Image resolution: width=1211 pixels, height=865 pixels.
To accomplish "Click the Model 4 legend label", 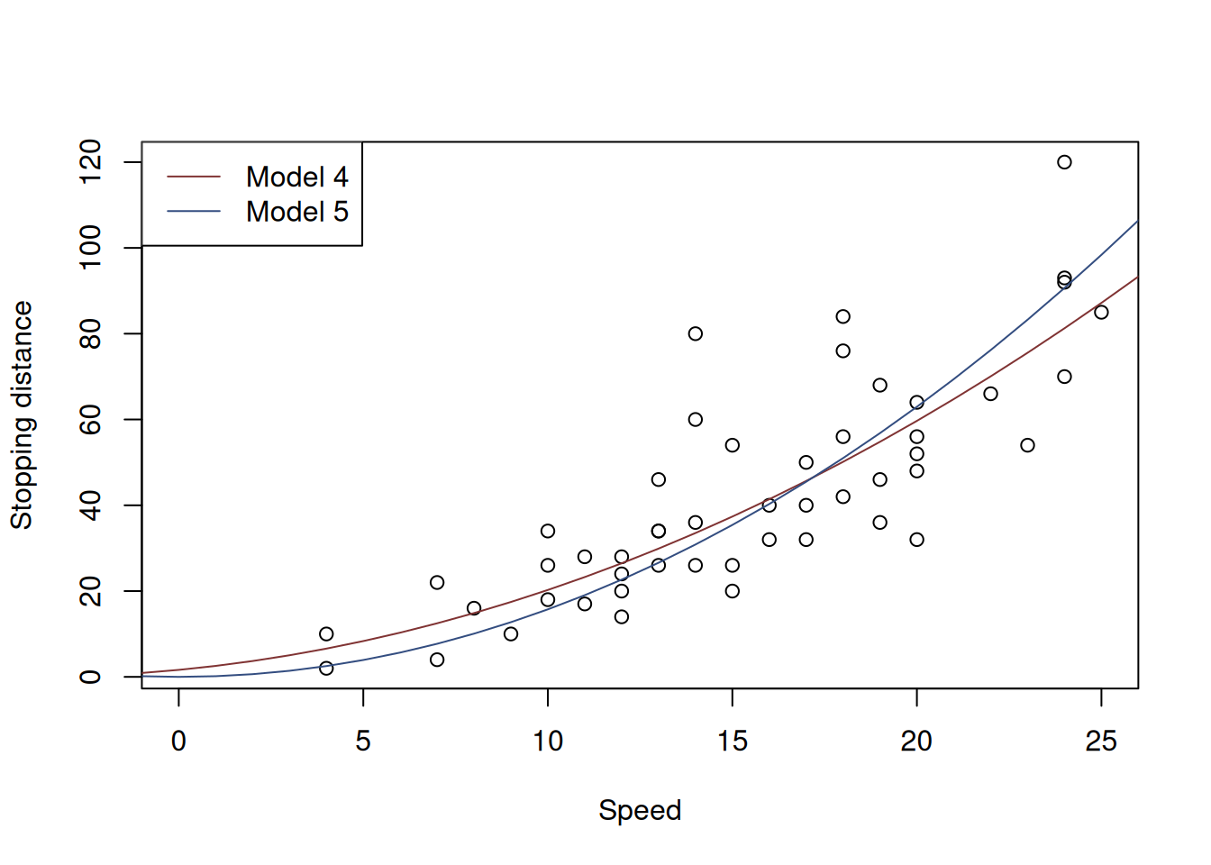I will point(296,177).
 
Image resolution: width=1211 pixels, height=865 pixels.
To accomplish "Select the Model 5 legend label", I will point(296,212).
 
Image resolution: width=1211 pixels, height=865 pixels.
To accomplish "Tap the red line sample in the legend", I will point(194,177).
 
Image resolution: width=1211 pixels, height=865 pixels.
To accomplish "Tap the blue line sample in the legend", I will point(194,212).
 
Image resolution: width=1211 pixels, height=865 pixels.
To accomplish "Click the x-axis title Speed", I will point(640,810).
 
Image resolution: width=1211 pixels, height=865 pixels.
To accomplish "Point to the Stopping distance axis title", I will point(22,415).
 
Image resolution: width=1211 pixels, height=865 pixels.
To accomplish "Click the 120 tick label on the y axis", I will point(90,162).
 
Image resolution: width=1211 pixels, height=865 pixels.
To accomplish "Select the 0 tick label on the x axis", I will point(178,742).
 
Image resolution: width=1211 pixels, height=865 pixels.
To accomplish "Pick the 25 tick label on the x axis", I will point(1101,742).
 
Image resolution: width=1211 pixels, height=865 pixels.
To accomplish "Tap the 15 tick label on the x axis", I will point(733,742).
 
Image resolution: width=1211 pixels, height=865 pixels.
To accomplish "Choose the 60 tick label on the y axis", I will point(90,420).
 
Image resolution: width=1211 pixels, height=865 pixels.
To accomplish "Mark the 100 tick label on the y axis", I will point(90,248).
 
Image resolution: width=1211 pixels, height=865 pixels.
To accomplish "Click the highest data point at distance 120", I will point(1064,162).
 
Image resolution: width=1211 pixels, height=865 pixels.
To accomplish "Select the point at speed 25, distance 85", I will point(1101,312).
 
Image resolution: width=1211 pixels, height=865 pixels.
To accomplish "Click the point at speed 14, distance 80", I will point(696,333).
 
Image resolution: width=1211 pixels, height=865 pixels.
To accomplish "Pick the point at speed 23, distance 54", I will point(1027,445).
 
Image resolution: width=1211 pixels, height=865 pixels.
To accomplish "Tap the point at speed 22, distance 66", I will point(990,394).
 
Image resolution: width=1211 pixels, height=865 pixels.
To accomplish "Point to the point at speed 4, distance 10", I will point(326,634).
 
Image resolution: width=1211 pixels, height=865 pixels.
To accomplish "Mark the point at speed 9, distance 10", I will point(511,634).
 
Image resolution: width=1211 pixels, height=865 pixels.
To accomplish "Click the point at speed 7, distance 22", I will point(437,583).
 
